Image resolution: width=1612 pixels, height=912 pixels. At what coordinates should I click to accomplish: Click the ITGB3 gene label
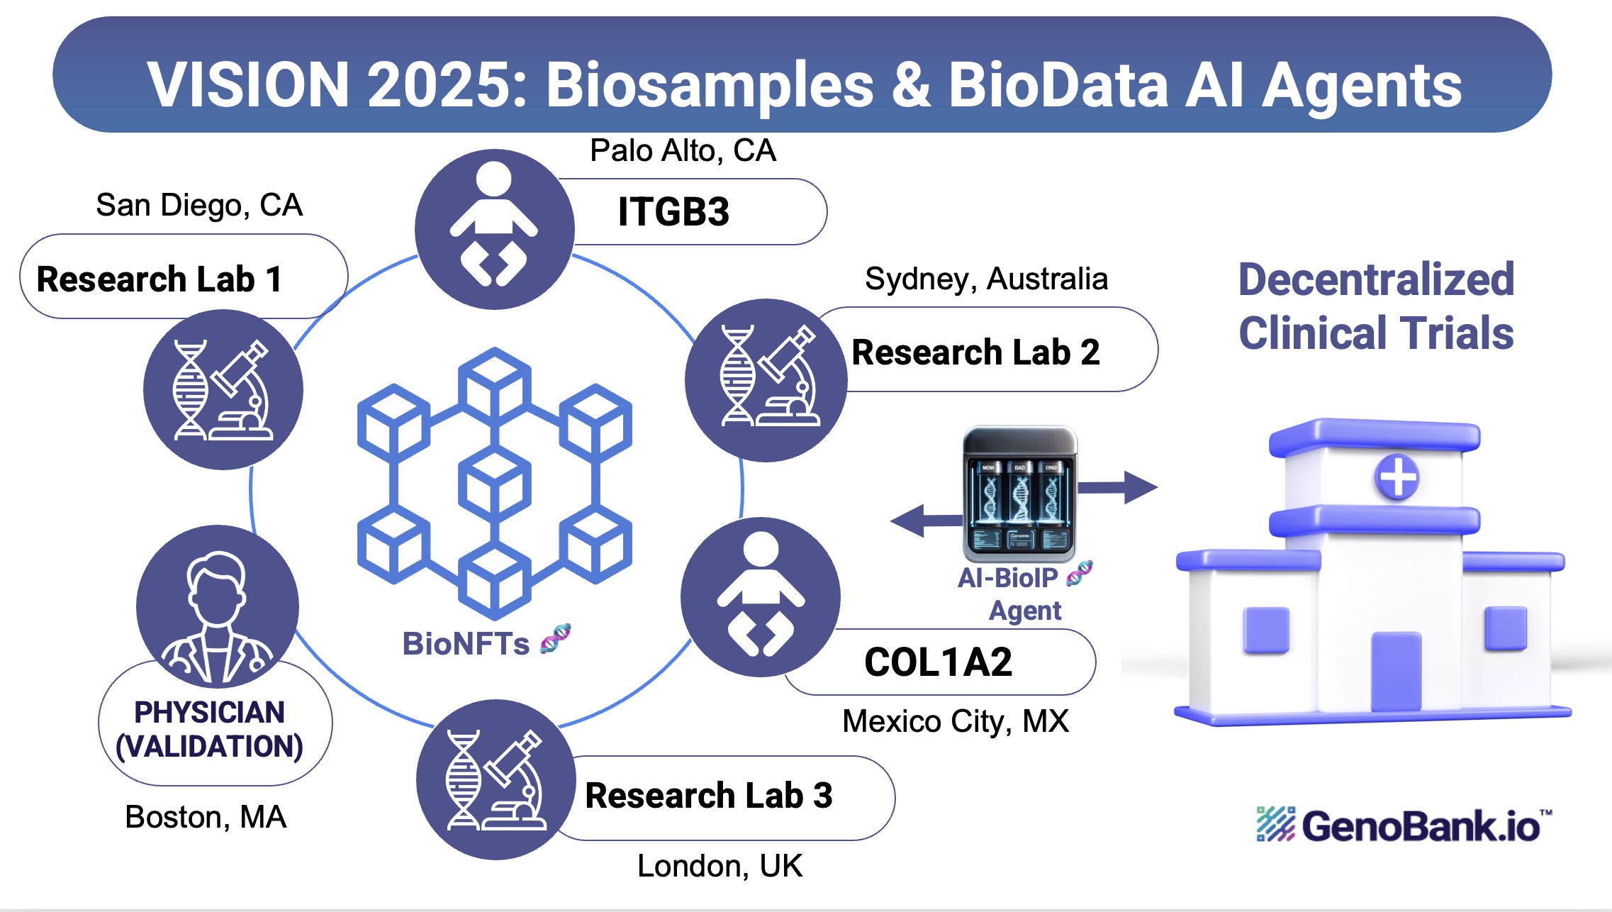coord(673,211)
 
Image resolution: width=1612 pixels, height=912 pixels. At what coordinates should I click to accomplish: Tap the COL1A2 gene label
coord(938,662)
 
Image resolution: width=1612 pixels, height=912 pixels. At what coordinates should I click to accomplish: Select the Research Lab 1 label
coord(160,279)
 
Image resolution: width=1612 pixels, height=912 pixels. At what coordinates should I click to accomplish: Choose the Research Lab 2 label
coord(975,352)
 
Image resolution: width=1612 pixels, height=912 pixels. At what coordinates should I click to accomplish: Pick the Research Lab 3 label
coord(709,795)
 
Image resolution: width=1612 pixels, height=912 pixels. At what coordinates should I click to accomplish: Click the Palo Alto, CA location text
coord(683,150)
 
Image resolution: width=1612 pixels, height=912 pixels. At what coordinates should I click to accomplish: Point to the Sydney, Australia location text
coord(986,279)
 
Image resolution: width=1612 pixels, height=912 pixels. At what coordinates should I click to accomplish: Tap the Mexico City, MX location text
coord(955,721)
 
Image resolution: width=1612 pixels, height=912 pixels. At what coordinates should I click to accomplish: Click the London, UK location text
coord(720,866)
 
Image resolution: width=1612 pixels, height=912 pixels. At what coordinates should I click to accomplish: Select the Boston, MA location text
coord(206,817)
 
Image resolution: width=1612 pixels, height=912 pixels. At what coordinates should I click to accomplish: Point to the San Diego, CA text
coord(199,205)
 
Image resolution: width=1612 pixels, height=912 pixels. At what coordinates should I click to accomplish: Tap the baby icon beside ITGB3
coord(494,228)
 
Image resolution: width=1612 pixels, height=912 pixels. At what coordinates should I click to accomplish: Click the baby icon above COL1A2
coord(761,596)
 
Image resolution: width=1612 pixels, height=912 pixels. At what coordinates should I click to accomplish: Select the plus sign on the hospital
coord(1397,477)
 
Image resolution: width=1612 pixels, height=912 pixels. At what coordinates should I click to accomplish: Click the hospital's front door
coord(1396,671)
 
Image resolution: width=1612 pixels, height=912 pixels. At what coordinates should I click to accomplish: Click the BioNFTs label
coord(466,644)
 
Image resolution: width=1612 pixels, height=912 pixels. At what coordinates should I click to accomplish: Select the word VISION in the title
coord(248,85)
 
